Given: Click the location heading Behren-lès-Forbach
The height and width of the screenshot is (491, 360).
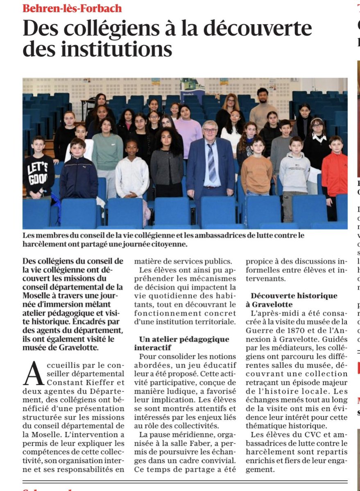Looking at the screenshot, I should tap(72, 8).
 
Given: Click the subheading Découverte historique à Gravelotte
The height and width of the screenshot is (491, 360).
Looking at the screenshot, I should tap(294, 300).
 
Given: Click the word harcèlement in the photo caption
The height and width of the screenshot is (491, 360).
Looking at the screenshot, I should tap(45, 244).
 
